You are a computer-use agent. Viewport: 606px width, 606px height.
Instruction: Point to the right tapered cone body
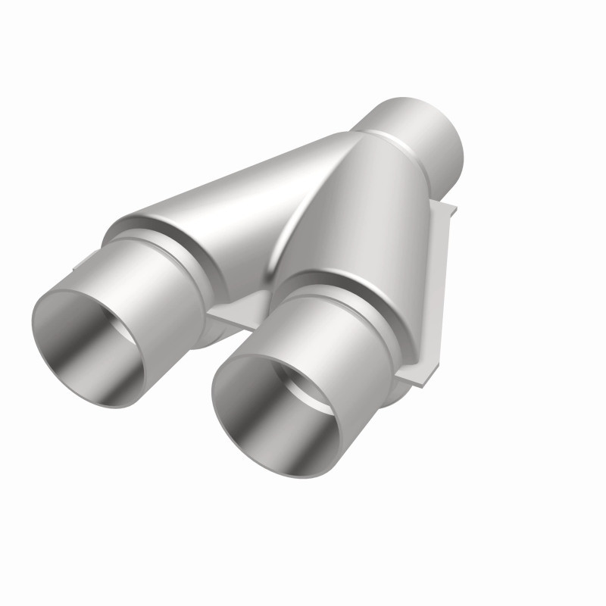coord(364,220)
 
